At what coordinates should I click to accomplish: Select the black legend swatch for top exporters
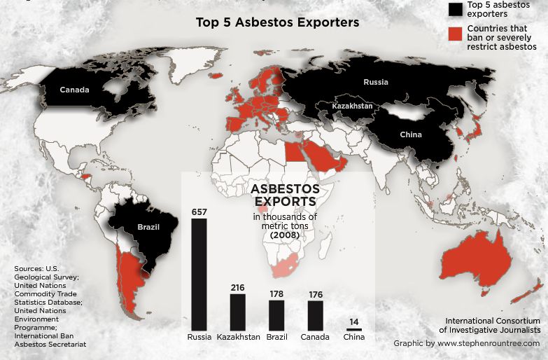pos(456,8)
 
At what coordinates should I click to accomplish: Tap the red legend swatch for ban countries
pos(456,33)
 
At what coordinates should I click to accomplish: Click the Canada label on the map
pos(73,90)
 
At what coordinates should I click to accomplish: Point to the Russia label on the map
pos(375,82)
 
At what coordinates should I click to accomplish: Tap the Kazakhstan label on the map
pos(352,106)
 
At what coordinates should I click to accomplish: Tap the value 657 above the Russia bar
pos(199,211)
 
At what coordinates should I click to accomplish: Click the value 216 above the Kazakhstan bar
pos(238,287)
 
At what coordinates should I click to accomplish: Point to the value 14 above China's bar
pos(354,321)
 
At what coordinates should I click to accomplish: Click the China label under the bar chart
pos(354,338)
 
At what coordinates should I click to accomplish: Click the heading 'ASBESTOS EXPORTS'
pos(286,195)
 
